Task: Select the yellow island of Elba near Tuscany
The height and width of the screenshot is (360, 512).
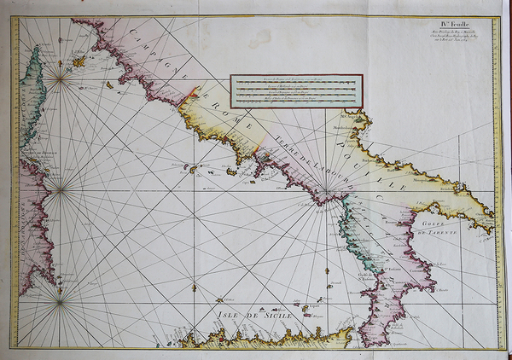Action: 79,61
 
